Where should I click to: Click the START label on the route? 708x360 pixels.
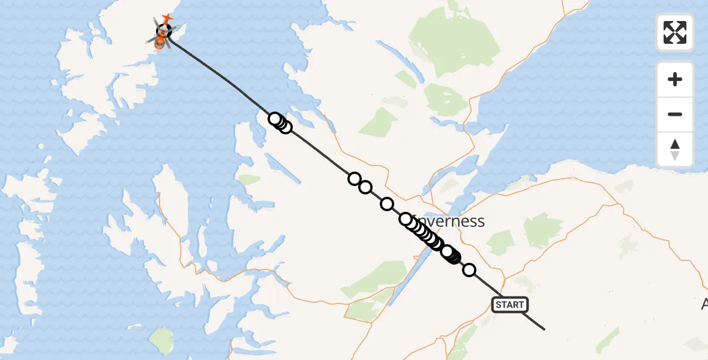510,305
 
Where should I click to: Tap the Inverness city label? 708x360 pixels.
453,221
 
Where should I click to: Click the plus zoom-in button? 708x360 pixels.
675,79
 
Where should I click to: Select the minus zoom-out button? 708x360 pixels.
675,114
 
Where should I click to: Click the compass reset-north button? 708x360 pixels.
675,149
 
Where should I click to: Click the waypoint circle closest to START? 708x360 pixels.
469,271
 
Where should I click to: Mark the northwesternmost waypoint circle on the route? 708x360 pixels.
275,119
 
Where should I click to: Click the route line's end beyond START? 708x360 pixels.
544,329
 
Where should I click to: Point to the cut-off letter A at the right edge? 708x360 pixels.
704,304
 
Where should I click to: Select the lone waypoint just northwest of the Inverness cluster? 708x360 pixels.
387,205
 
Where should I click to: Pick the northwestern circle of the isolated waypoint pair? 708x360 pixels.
355,179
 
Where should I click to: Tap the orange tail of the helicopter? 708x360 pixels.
167,18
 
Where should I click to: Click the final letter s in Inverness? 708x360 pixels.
480,222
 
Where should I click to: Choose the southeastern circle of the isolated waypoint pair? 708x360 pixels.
365,187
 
